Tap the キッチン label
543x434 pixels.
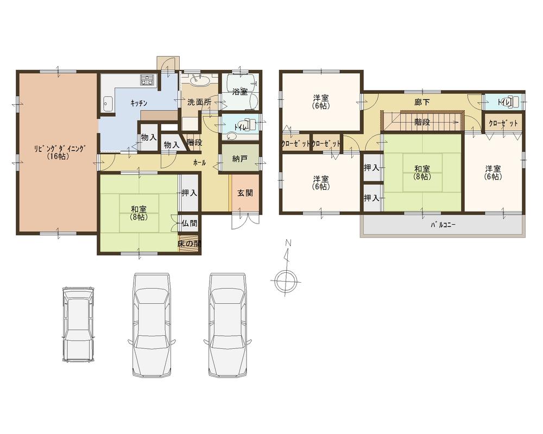pyautogui.click(x=138, y=103)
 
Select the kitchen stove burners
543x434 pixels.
pyautogui.click(x=148, y=82)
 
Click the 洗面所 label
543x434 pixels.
pyautogui.click(x=199, y=101)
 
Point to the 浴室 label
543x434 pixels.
pyautogui.click(x=239, y=92)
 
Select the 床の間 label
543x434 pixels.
pyautogui.click(x=190, y=244)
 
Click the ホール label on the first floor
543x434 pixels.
pyautogui.click(x=199, y=162)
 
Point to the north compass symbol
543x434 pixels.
pyautogui.click(x=285, y=281)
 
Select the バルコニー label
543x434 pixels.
pyautogui.click(x=443, y=224)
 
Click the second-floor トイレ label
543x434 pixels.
pyautogui.click(x=503, y=101)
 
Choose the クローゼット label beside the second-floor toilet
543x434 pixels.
pyautogui.click(x=503, y=124)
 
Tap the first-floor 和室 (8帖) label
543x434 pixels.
pyautogui.click(x=138, y=213)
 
